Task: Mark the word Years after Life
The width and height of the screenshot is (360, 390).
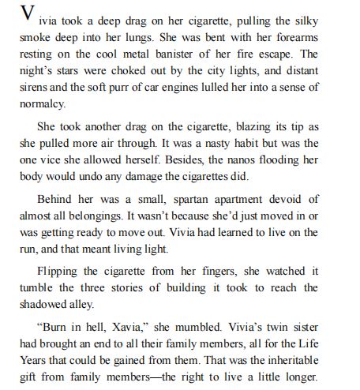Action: tap(36, 360)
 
